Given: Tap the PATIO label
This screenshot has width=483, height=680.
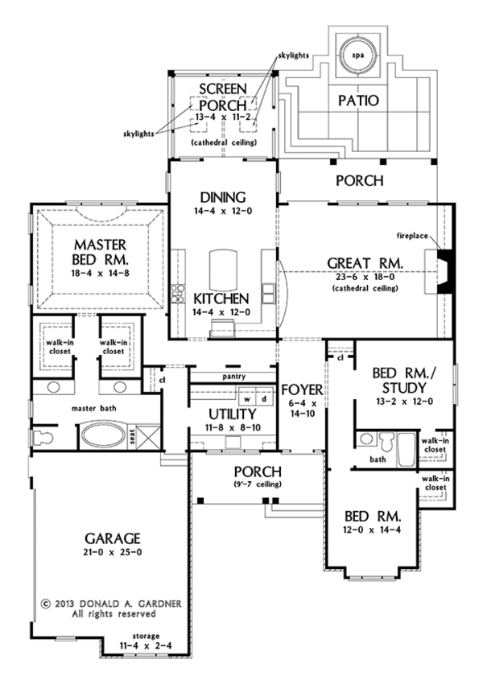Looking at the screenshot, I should pyautogui.click(x=358, y=101).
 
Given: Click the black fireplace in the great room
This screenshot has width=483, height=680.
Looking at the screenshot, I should pyautogui.click(x=444, y=266).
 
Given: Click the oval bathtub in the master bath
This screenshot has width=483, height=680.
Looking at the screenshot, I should pyautogui.click(x=106, y=436).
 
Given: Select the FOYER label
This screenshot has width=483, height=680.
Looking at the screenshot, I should pyautogui.click(x=305, y=391).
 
